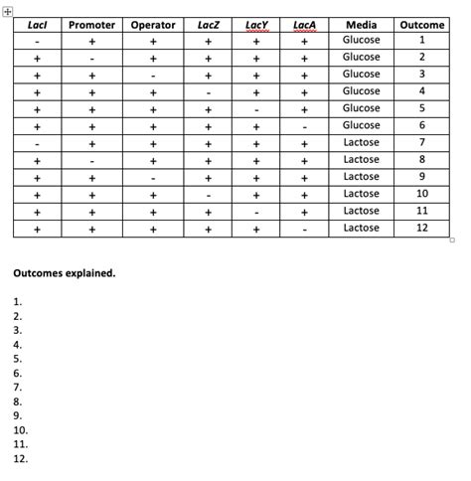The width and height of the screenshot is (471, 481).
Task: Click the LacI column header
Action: [x=37, y=24]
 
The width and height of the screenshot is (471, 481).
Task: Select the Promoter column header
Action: [x=91, y=24]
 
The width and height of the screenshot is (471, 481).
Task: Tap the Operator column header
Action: [x=153, y=24]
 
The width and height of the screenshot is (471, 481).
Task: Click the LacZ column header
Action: [x=209, y=24]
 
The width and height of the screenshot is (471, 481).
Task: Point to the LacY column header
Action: [x=256, y=24]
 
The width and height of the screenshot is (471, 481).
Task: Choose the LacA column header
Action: [x=305, y=24]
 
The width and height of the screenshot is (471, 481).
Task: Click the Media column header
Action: [x=361, y=24]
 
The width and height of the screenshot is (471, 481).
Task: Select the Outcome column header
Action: [x=421, y=24]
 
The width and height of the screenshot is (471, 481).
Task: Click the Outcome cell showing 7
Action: [x=421, y=142]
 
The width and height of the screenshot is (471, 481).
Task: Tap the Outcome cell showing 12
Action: [x=421, y=228]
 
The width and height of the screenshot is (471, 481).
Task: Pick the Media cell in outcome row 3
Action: [x=361, y=74]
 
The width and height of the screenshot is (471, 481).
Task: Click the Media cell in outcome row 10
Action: [x=361, y=194]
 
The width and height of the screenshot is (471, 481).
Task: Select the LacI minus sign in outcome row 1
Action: [x=37, y=41]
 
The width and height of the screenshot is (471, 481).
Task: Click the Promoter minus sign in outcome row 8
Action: [x=91, y=160]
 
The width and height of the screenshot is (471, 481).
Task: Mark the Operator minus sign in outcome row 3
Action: [x=153, y=75]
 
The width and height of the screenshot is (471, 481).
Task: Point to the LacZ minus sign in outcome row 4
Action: [x=209, y=91]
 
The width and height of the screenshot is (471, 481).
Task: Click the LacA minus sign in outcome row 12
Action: [x=305, y=229]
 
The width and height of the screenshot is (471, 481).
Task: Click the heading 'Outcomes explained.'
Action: [x=64, y=272]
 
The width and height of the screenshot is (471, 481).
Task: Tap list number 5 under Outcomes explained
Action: [x=18, y=359]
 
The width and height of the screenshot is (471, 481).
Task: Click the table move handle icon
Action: [x=8, y=8]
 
